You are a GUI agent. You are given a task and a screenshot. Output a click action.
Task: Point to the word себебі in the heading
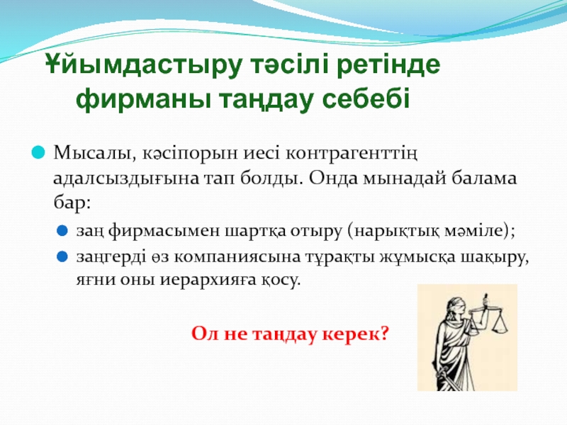pos(366,98)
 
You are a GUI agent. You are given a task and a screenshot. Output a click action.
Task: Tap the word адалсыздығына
pos(126,179)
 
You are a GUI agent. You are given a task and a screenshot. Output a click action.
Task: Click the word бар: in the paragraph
pos(72,203)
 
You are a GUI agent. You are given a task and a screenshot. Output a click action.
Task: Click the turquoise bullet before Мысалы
pos(38,152)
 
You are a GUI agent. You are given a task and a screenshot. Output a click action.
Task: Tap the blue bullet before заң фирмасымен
pos(62,231)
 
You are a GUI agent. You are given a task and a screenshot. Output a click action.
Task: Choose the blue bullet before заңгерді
pos(62,257)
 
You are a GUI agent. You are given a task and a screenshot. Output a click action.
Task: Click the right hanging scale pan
pos(500,325)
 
